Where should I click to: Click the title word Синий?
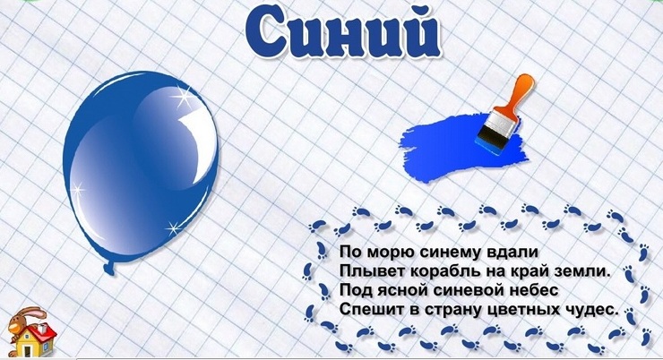point(342,33)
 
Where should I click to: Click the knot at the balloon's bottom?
point(109,267)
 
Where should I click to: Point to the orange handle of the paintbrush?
point(520,93)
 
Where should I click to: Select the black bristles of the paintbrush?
point(490,138)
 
